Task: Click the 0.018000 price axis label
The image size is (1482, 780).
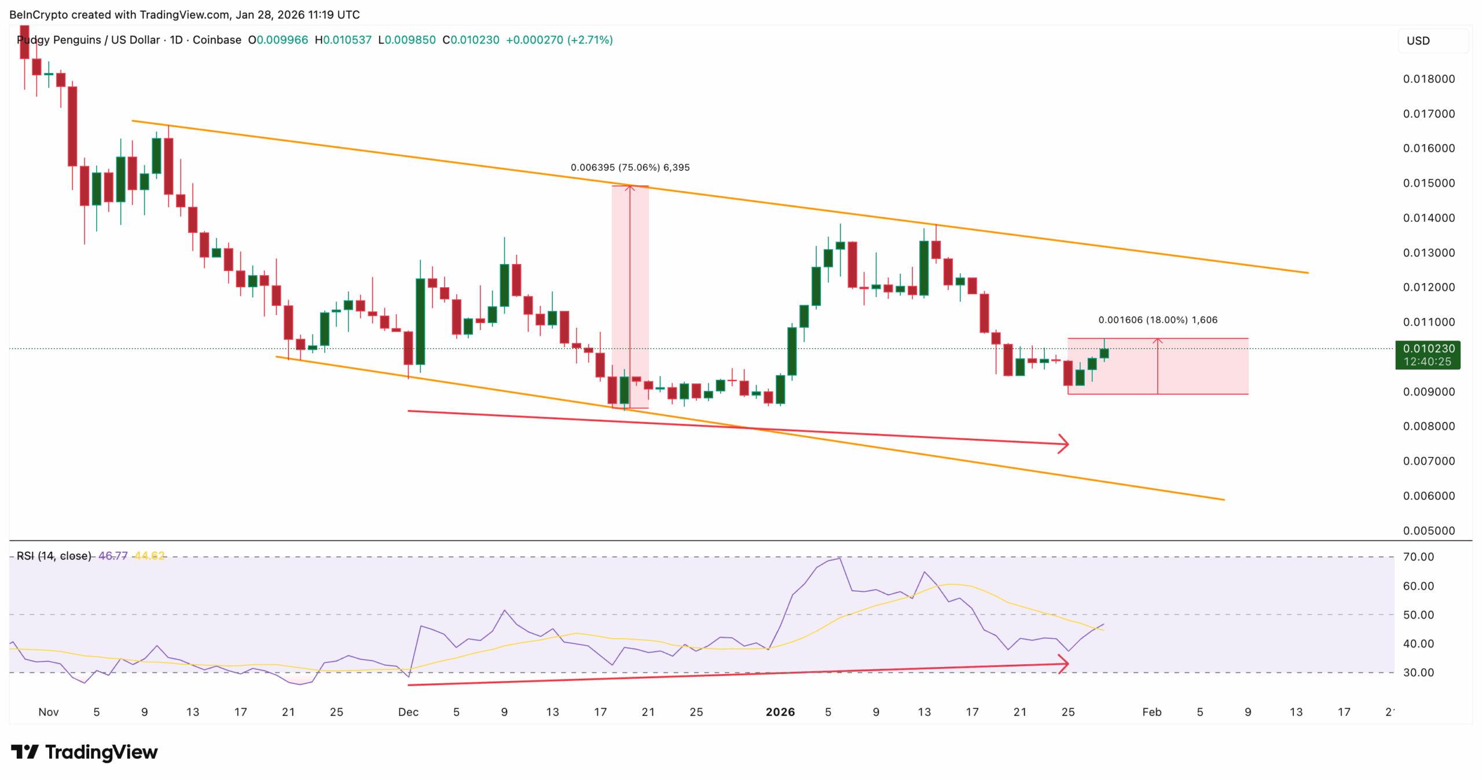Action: click(x=1428, y=79)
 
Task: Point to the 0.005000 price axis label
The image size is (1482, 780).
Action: click(x=1428, y=530)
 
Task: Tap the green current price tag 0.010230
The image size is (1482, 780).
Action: click(x=1428, y=349)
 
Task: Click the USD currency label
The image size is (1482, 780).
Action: click(x=1418, y=41)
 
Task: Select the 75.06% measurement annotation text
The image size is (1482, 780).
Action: click(x=630, y=167)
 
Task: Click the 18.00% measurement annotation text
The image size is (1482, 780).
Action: click(x=1157, y=320)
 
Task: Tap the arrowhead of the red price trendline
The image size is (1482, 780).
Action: click(x=1064, y=444)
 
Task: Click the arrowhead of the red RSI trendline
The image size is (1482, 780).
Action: click(x=1064, y=664)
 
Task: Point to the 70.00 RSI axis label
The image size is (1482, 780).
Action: click(x=1418, y=556)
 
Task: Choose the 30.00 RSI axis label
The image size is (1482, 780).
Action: click(x=1418, y=672)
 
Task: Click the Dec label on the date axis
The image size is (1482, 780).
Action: click(x=408, y=712)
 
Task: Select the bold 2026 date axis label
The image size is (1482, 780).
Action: click(x=780, y=712)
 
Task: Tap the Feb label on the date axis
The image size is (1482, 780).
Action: click(x=1151, y=712)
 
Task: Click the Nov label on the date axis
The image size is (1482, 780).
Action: click(x=49, y=712)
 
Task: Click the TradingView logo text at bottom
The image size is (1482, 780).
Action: click(x=101, y=752)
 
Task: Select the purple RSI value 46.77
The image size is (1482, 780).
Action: click(x=113, y=556)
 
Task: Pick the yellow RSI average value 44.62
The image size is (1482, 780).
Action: click(x=149, y=556)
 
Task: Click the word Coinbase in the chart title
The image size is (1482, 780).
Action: click(x=217, y=40)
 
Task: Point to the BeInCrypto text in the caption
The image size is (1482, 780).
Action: click(x=38, y=14)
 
